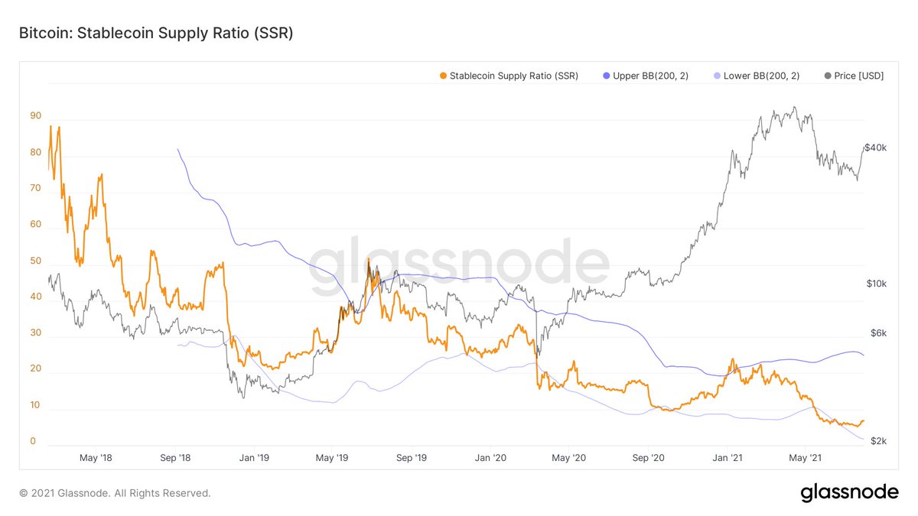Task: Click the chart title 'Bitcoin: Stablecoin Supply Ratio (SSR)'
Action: click(x=156, y=34)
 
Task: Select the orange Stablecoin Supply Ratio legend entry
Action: click(x=509, y=76)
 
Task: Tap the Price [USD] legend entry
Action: click(x=855, y=76)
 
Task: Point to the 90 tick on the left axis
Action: click(x=35, y=116)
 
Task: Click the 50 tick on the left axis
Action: click(x=35, y=261)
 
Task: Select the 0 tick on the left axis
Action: click(x=33, y=441)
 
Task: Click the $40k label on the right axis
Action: click(x=875, y=148)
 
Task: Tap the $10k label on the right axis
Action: click(x=875, y=284)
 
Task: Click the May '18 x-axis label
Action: click(x=96, y=458)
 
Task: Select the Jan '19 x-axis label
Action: click(x=254, y=458)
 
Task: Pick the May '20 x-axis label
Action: click(x=568, y=458)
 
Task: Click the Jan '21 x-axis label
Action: click(x=727, y=458)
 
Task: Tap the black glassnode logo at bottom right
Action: click(x=849, y=493)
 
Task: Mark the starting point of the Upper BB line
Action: click(x=177, y=149)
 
